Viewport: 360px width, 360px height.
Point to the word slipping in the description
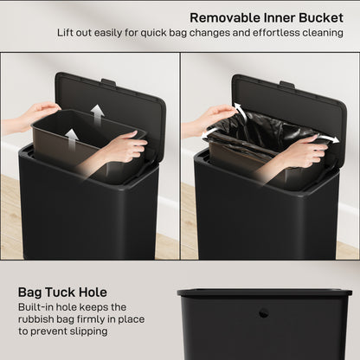91,331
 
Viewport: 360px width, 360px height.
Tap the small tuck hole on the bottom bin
264,312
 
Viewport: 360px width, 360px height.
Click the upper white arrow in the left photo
99,112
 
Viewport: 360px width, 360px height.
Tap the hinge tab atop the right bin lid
287,84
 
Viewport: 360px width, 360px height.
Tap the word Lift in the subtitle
67,33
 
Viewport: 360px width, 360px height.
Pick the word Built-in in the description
39,307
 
